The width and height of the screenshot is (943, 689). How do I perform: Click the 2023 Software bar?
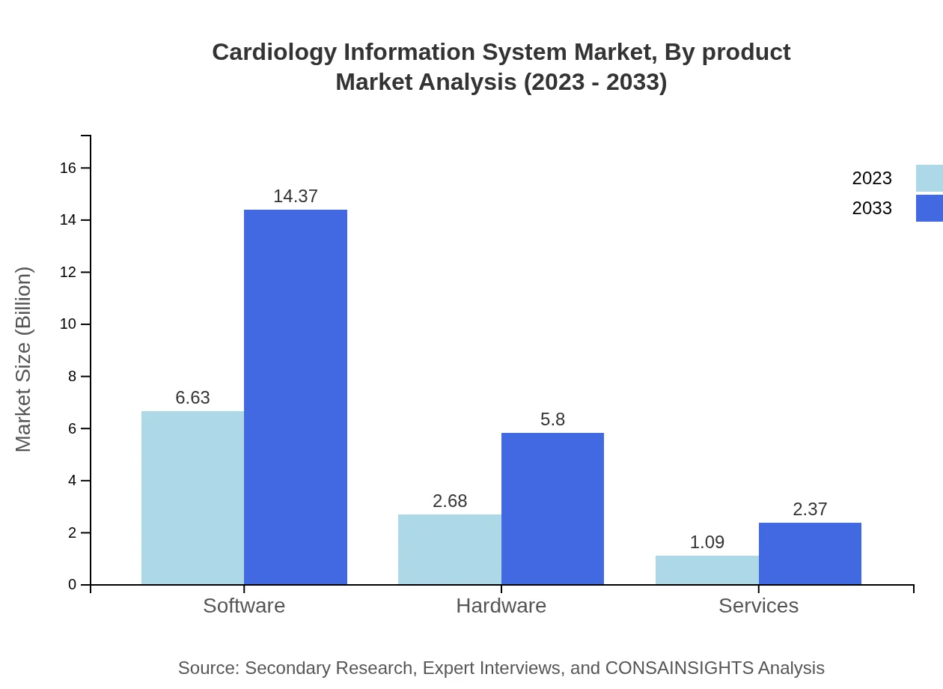192,497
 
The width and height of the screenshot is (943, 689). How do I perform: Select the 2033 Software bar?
295,397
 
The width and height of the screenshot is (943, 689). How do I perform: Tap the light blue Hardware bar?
449,549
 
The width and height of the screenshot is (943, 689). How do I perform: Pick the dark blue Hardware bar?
552,509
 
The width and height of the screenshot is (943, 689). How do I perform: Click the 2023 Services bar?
707,570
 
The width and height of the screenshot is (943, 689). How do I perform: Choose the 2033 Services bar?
810,553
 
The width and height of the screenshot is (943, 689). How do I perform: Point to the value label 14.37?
295,196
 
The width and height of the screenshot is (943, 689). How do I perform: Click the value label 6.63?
192,398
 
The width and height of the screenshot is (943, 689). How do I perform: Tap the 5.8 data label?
552,419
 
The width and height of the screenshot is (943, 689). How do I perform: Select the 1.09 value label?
707,542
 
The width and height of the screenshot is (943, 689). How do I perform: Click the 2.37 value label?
810,509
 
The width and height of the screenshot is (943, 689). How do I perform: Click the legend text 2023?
871,178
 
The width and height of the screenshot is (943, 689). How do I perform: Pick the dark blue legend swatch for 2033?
929,208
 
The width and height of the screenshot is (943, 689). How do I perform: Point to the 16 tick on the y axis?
68,168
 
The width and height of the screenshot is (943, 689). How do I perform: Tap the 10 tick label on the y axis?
68,324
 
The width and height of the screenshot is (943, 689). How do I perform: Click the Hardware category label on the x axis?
501,605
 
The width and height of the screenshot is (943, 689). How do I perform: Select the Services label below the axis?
758,605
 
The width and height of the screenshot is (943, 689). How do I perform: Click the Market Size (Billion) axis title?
23,359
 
